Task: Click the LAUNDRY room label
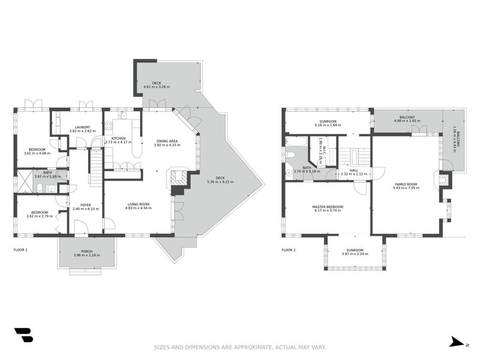tap(80, 127)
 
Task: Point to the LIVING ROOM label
tap(138, 205)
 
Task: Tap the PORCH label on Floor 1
tap(87, 251)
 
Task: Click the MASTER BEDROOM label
tap(327, 207)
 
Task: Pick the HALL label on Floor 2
tap(353, 170)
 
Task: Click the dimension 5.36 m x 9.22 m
tap(220, 182)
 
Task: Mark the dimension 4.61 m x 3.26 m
tap(157, 87)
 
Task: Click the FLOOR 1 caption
tap(20, 250)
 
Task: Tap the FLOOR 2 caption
tap(289, 250)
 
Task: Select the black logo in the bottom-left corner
tap(23, 335)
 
